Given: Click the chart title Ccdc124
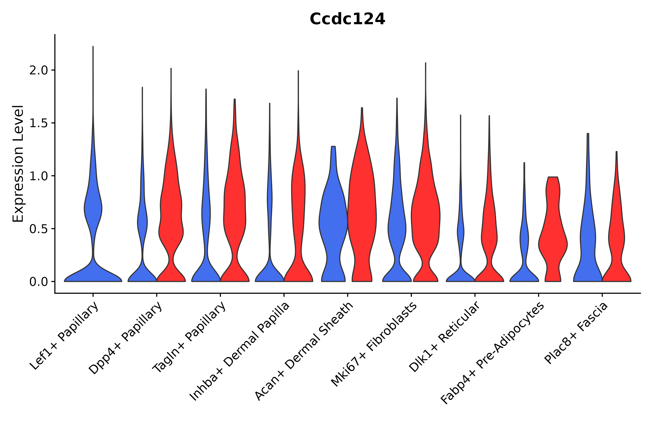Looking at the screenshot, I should point(347,19).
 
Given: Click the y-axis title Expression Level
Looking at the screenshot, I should point(18,163).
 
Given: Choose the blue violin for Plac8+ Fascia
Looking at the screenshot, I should point(588,236).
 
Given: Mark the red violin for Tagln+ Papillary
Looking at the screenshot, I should point(235,217).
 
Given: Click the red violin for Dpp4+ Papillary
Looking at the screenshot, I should point(171,222).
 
